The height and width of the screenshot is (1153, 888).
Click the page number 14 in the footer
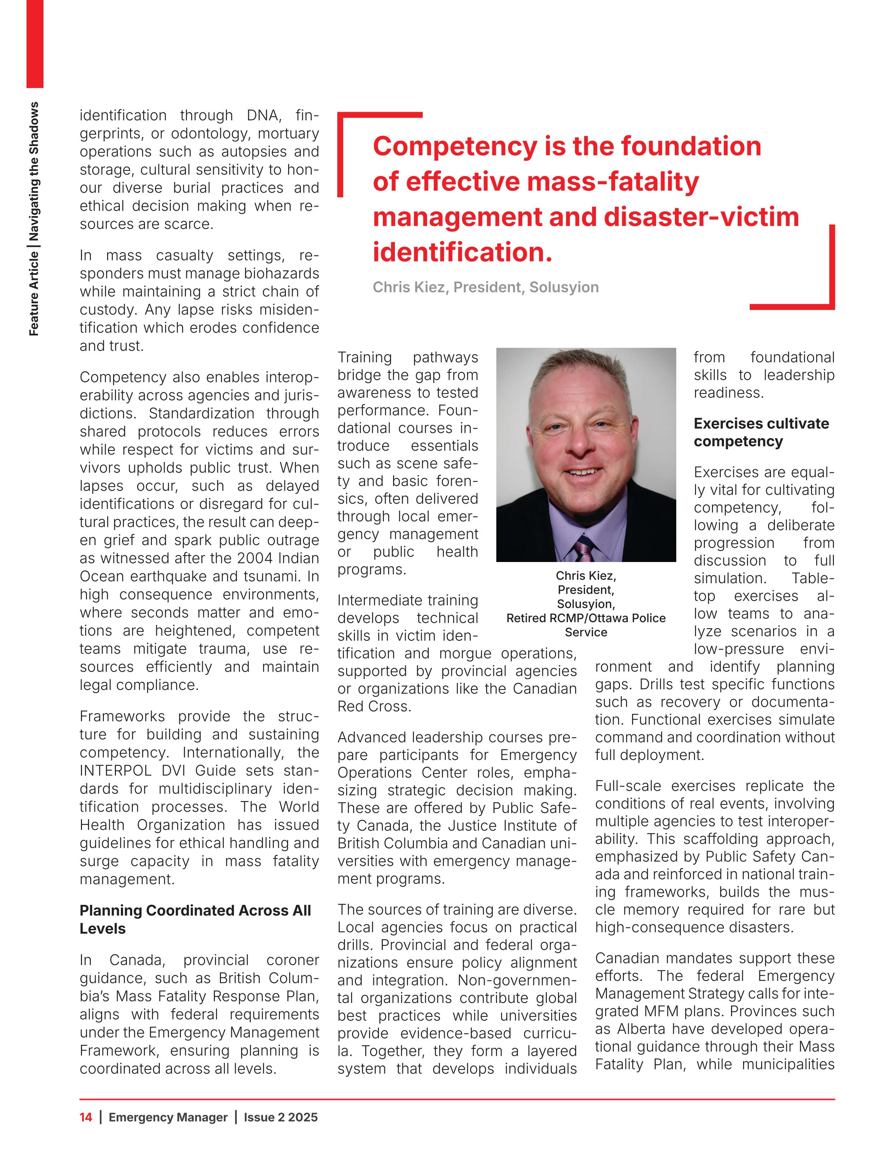(x=86, y=1117)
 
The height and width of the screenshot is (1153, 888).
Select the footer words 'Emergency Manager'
(x=168, y=1117)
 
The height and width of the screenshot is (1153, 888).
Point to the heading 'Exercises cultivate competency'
(x=761, y=432)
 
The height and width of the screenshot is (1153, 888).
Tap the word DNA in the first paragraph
(x=264, y=115)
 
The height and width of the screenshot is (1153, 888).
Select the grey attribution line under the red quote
(x=485, y=287)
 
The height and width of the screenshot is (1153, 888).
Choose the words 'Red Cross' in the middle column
(x=374, y=706)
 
